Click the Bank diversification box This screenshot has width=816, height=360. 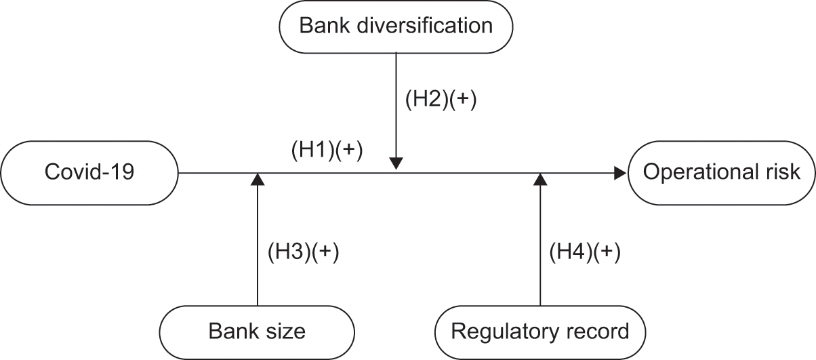(x=396, y=26)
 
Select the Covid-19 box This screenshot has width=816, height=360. (x=89, y=173)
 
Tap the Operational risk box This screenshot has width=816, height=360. (x=721, y=173)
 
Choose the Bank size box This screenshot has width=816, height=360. (x=257, y=332)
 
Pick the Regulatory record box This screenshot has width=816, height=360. (x=539, y=332)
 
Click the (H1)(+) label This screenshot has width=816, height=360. (x=327, y=151)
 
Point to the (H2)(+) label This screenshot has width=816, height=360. (x=441, y=100)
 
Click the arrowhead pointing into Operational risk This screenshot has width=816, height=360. (x=620, y=174)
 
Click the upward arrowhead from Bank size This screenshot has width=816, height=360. (x=257, y=180)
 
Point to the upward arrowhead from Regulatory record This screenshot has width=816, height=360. (x=540, y=180)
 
